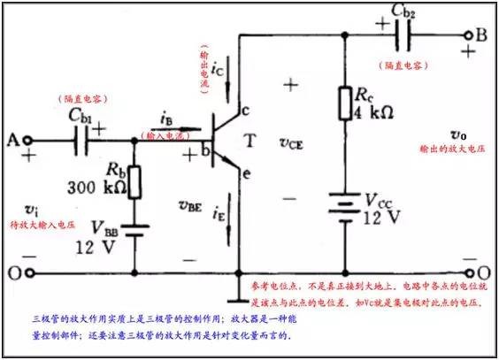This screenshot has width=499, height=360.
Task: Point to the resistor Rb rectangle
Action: tap(134, 180)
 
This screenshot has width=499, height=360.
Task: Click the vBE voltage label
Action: tap(189, 207)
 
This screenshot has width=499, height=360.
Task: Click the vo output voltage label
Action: tap(458, 134)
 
